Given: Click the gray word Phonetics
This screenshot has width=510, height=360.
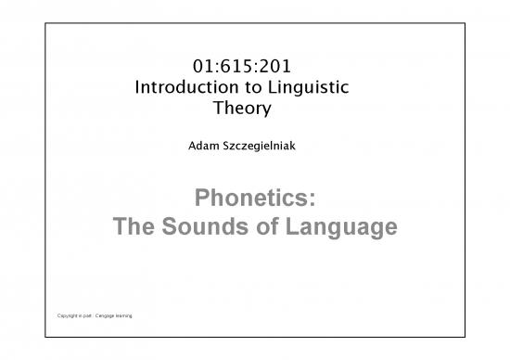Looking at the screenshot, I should pyautogui.click(x=251, y=197).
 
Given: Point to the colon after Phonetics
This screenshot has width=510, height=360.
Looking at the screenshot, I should pyautogui.click(x=312, y=197).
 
